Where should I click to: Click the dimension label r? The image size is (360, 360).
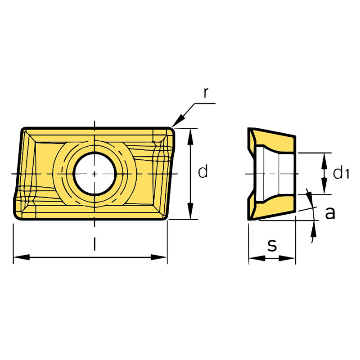coord(205,93)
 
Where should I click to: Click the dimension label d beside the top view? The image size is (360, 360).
coord(203,171)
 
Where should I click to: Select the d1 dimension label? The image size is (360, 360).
coord(341,173)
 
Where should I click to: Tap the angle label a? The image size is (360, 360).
coord(330,213)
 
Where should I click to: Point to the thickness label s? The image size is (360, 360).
coord(272,245)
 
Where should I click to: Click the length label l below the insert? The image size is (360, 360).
coord(94,243)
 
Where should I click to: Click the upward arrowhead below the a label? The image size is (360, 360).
coord(314,230)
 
